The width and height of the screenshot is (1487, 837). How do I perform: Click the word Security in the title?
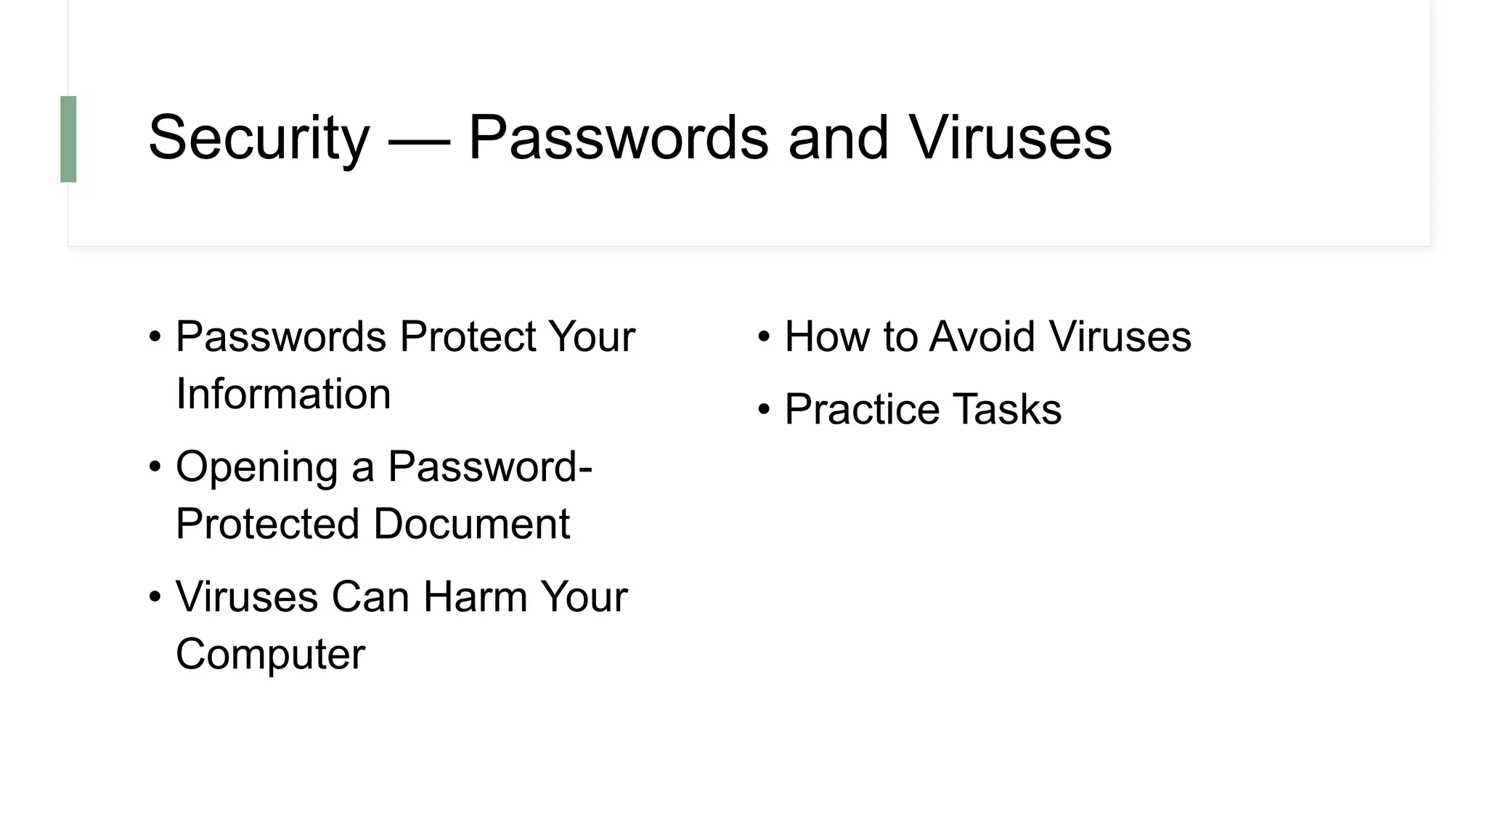(x=258, y=138)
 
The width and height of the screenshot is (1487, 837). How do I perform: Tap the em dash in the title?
(x=419, y=139)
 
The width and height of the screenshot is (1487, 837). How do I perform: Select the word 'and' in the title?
(x=838, y=138)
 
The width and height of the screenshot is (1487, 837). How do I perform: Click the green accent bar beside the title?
(x=68, y=139)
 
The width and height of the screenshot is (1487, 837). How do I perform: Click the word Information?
(x=283, y=394)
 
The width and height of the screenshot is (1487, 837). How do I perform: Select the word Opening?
(x=257, y=467)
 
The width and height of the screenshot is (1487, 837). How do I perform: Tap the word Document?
(x=471, y=524)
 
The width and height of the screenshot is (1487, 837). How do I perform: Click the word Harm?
(x=476, y=597)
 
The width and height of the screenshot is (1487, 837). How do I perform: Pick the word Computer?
(x=270, y=654)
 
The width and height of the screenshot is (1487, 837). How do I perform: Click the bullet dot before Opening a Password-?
(x=155, y=467)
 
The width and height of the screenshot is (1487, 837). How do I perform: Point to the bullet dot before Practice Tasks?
(x=764, y=410)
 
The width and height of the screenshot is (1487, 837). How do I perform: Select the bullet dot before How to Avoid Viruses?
(x=764, y=337)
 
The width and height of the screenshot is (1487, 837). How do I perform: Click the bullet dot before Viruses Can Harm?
(x=155, y=597)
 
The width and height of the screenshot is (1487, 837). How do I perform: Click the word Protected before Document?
(x=267, y=524)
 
